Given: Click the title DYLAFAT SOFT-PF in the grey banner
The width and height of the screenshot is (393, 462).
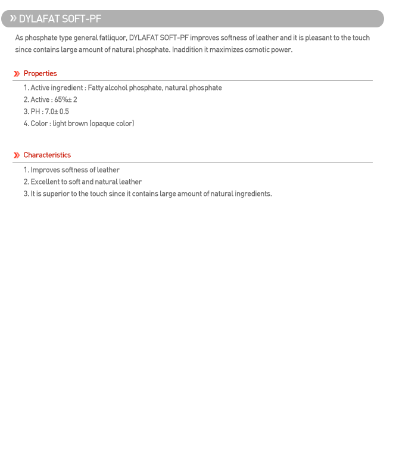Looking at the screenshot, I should (x=60, y=19).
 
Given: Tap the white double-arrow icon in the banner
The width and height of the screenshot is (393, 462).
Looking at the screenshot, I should (x=13, y=18).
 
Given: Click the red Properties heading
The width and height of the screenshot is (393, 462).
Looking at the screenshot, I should (x=40, y=74).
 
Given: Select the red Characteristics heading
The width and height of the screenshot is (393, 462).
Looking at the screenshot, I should (x=47, y=155).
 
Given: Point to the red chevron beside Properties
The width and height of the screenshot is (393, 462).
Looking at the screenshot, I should (x=17, y=74).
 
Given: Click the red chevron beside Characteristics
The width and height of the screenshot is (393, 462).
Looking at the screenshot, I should (x=17, y=155).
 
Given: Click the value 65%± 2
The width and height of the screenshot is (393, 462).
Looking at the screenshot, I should (x=65, y=100).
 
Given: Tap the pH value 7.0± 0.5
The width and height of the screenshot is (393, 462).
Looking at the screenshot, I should (x=57, y=112).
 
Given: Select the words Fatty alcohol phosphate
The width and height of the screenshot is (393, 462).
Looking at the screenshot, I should (x=124, y=88).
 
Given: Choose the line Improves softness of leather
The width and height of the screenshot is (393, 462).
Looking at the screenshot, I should (x=75, y=170).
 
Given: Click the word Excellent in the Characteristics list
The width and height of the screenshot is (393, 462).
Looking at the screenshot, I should (x=46, y=182).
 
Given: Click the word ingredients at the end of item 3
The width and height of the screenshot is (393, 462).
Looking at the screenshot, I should (x=252, y=194).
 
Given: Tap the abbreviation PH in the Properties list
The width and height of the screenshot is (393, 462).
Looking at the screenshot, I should (x=36, y=112).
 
